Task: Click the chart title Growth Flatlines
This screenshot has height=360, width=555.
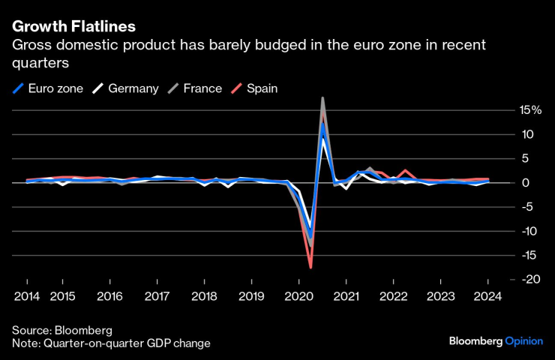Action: click(x=73, y=26)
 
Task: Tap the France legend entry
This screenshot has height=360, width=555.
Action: click(x=196, y=88)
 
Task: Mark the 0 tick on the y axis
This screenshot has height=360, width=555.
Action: click(x=526, y=183)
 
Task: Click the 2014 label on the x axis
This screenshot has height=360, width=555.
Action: click(x=26, y=296)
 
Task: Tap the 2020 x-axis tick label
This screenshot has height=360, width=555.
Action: click(x=298, y=296)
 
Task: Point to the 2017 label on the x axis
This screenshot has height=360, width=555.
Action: click(x=156, y=296)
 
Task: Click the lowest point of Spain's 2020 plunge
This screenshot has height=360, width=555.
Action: click(x=310, y=267)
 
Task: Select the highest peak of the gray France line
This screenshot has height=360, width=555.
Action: click(x=322, y=98)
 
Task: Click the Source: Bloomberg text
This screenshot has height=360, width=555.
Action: click(x=61, y=330)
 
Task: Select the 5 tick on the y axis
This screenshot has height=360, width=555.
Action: click(x=526, y=159)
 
